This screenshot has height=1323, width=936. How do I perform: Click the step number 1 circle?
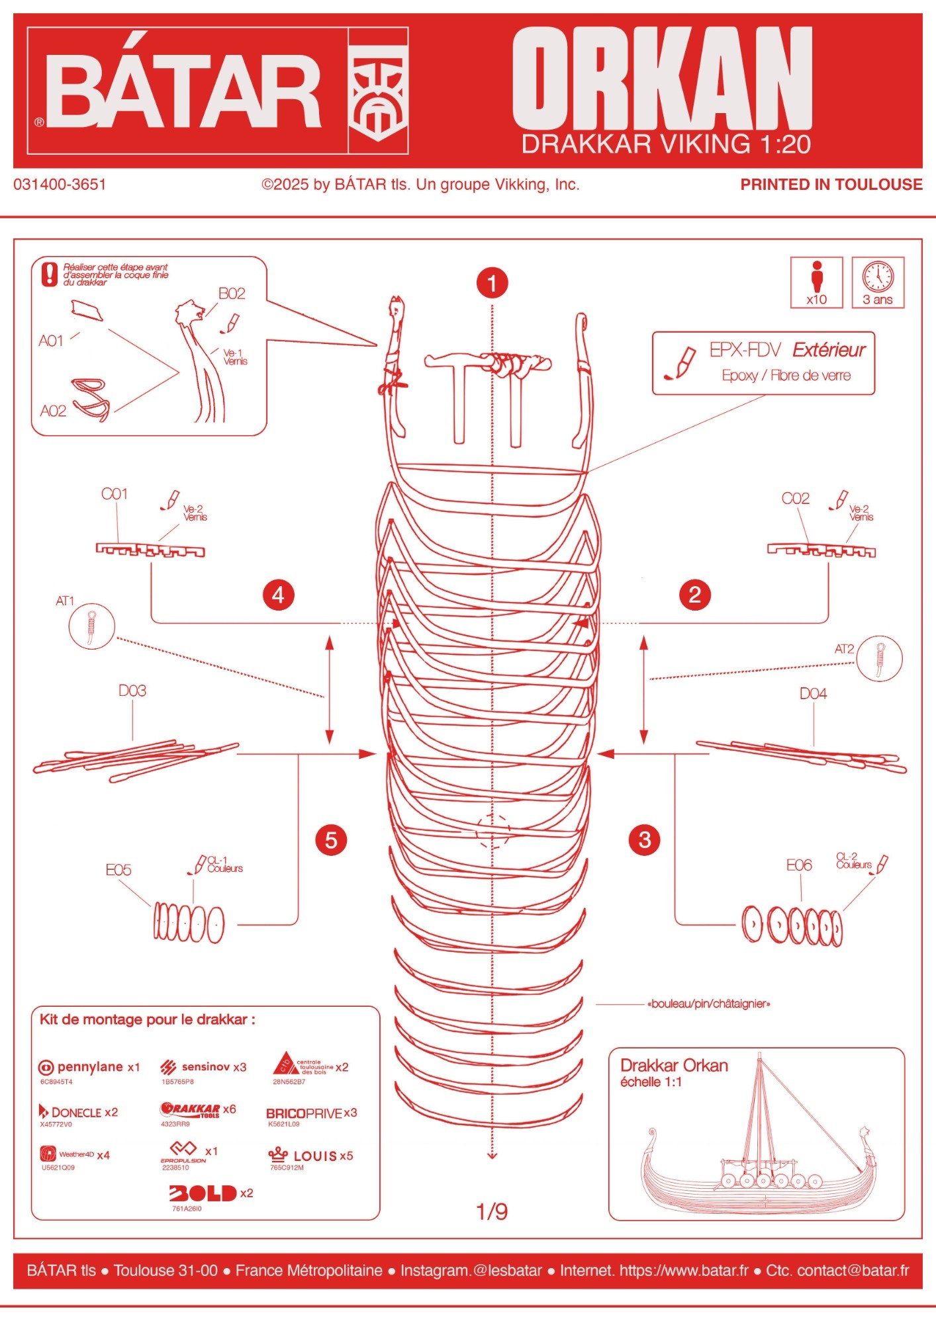click(492, 284)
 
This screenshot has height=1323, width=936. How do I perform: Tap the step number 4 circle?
click(278, 594)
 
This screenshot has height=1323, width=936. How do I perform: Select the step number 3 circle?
click(645, 840)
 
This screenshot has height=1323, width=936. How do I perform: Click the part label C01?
click(115, 494)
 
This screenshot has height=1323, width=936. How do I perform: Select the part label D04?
click(813, 693)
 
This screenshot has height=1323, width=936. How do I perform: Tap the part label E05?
click(118, 870)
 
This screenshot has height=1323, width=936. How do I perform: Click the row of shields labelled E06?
click(792, 925)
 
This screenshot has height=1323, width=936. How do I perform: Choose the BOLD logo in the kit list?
click(203, 1193)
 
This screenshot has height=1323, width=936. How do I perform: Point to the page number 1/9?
click(492, 1211)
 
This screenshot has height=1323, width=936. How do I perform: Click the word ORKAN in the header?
click(662, 79)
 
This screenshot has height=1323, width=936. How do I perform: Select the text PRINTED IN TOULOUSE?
click(831, 185)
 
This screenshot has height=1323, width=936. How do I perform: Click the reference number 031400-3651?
click(60, 185)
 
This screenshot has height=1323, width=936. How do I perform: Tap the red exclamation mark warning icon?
click(50, 275)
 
